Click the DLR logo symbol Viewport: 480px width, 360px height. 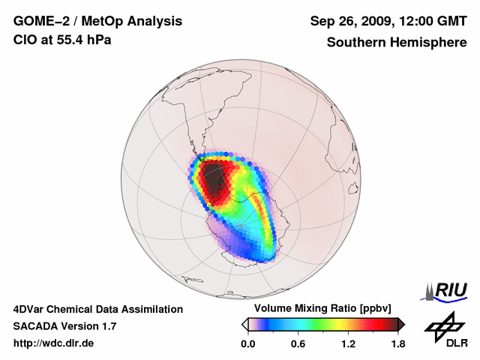coord(442,325)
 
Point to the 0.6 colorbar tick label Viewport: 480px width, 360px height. coord(298,344)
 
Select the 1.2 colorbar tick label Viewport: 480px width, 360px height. coord(347,344)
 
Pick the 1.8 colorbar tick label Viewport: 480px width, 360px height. coord(397,344)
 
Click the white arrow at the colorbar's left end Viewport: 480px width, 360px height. coord(244,324)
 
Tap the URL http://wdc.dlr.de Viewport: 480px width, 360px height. coord(54,343)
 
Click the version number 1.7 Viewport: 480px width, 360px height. coord(107,326)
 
